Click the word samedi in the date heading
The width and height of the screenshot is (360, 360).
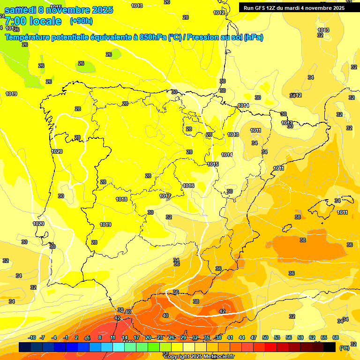pos(21,10)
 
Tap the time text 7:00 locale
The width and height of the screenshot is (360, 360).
pos(33,21)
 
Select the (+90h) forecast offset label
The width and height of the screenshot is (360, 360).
pos(81,21)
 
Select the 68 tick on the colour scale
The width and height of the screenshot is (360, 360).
pos(336,337)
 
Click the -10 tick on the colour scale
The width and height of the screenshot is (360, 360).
pos(32,337)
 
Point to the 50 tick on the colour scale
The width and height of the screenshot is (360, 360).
pos(265,337)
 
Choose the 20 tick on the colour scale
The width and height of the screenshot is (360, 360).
pos(148,337)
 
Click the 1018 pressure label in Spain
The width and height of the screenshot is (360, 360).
pos(121,199)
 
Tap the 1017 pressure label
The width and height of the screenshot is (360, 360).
pos(165,196)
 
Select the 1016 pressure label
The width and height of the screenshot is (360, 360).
pos(188,186)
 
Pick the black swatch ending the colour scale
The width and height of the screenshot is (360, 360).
pos(330,347)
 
